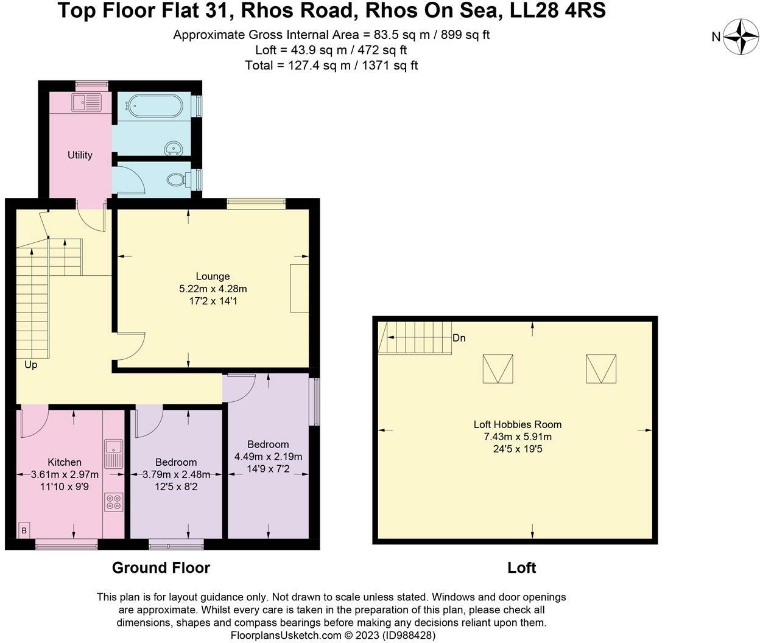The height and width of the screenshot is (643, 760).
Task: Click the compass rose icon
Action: pos(740,37)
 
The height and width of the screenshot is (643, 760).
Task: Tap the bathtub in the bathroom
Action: pos(152,106)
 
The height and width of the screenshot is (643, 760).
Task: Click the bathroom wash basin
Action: pos(175,147)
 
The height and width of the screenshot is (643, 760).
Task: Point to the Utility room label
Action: pos(80,155)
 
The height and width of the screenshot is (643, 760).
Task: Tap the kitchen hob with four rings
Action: pos(113,502)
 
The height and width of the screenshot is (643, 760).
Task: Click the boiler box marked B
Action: pos(24,530)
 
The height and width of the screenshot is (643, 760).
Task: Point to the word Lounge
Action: pos(213,276)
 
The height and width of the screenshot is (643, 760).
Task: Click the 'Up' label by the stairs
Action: pos(30,365)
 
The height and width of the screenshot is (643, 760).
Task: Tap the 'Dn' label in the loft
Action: pos(459,338)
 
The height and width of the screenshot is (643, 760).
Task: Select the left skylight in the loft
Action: pos(498,369)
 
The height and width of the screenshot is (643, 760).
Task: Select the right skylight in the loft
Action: pos(601,369)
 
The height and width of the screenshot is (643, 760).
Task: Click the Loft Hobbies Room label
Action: pos(518,424)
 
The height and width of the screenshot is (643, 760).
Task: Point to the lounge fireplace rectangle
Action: pos(299,288)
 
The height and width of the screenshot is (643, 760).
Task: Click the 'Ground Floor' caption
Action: pos(161,567)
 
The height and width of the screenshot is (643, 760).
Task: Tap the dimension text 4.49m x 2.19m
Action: pos(268,457)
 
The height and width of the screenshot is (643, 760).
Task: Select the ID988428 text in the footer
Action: pos(409,635)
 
